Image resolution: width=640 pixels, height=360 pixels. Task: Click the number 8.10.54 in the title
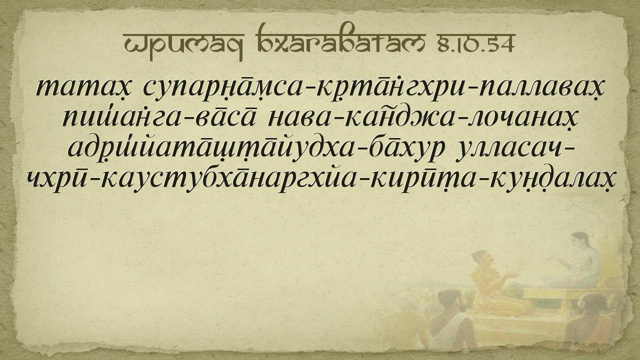point(476,43)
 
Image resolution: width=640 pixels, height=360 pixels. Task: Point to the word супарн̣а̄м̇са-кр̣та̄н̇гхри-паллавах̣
point(373,88)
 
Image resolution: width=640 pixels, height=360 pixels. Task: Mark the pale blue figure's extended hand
point(553,259)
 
